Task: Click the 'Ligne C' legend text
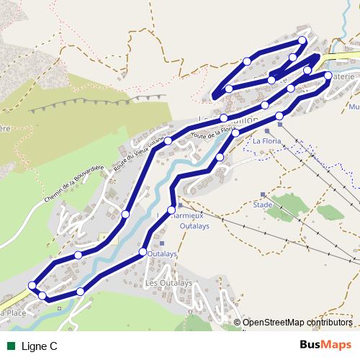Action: click(x=40, y=346)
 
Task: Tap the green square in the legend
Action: click(x=11, y=346)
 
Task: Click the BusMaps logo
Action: click(x=326, y=346)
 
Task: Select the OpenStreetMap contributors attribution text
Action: click(x=297, y=323)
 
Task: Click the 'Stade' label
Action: click(x=263, y=204)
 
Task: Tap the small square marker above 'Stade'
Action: click(x=263, y=194)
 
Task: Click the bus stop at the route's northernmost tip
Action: click(x=302, y=40)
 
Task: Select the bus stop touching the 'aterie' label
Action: click(x=328, y=76)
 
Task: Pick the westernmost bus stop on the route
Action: click(x=32, y=286)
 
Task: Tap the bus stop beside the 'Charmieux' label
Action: click(x=171, y=210)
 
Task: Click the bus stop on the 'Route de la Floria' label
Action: click(x=235, y=133)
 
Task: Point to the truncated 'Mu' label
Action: click(x=354, y=107)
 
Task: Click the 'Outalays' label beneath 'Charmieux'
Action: click(x=175, y=224)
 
